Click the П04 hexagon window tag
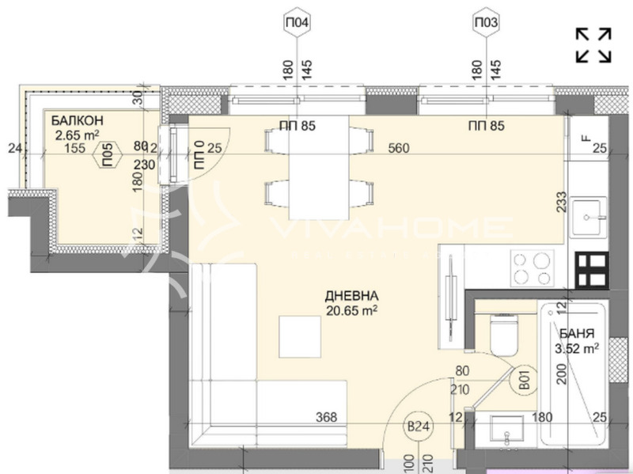tap(296, 24)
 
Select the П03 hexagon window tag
tap(486, 24)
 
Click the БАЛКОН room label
tap(78, 120)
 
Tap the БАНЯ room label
tap(574, 332)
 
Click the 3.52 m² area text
tap(576, 347)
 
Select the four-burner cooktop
tap(533, 268)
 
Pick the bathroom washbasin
tap(504, 434)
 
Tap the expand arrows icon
tap(593, 45)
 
